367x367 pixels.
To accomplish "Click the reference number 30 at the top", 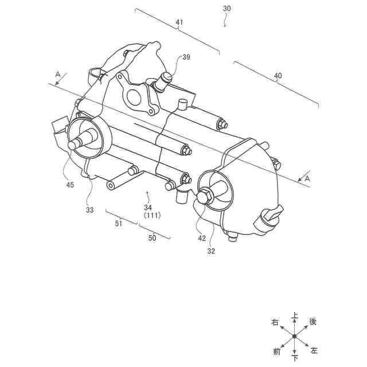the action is (x=227, y=9).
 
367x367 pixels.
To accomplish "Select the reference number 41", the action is (x=179, y=22).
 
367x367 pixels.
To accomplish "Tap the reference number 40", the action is (x=278, y=76).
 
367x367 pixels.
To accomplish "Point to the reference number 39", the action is (x=186, y=57).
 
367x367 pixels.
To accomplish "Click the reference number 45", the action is (x=70, y=185).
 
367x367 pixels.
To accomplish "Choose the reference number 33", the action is (x=89, y=210).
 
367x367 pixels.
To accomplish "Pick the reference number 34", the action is (x=148, y=207).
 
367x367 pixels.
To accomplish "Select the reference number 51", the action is (x=119, y=224).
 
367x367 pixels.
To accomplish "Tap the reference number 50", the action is (x=152, y=237).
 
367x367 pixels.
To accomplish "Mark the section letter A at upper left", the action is (x=57, y=74).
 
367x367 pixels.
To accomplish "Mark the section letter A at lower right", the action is (x=307, y=179).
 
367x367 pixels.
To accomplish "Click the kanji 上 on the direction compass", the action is (x=294, y=315).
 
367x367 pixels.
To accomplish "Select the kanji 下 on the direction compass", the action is (x=294, y=358).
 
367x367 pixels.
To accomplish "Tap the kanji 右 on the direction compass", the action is (x=275, y=323).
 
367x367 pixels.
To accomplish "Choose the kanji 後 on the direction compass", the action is (x=313, y=322).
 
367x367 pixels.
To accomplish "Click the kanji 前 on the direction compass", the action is (x=277, y=350).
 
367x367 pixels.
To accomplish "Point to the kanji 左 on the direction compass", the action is (x=314, y=350).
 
